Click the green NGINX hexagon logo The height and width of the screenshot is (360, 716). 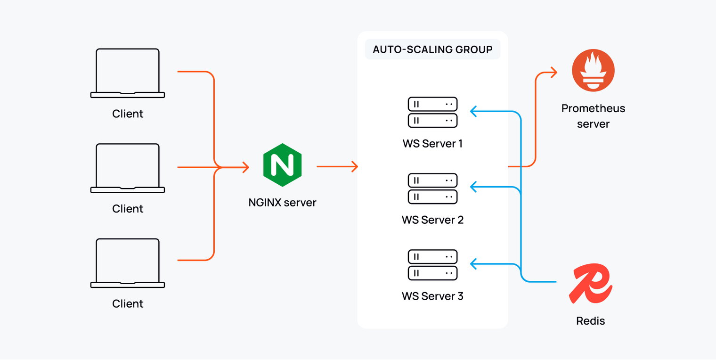coord(282,165)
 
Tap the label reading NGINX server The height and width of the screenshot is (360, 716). coord(282,203)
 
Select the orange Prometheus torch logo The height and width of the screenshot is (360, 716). coord(593,71)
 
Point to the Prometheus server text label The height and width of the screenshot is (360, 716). coord(593,116)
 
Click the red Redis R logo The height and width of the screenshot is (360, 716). coord(590,285)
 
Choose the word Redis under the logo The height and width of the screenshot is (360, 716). coord(590,321)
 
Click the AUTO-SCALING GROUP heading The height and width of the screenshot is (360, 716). coord(432,49)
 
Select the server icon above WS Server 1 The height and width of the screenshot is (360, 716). coord(432,112)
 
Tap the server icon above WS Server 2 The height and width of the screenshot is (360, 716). coord(432,188)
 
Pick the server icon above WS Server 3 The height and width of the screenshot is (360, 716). coord(432,265)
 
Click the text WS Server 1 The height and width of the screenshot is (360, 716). coord(432,143)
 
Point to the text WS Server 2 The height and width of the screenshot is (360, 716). coord(432,220)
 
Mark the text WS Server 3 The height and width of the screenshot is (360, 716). coord(432,296)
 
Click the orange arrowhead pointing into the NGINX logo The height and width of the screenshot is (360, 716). coord(245,167)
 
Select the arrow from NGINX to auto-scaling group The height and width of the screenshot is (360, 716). coord(337,166)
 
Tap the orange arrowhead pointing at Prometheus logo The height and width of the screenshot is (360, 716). coord(553,73)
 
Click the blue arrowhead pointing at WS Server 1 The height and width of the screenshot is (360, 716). coord(474,111)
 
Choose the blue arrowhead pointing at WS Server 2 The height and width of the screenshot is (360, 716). coord(474,188)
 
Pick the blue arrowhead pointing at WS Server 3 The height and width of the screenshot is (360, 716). coord(474,264)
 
